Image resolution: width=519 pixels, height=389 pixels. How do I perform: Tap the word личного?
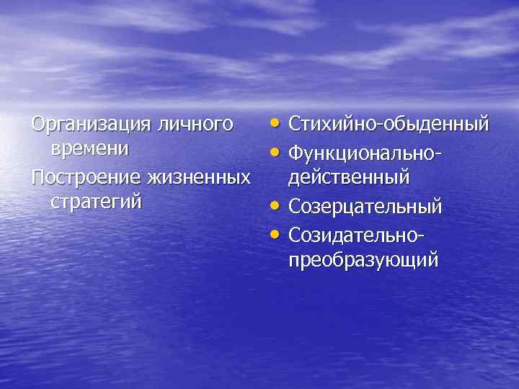pos(193,124)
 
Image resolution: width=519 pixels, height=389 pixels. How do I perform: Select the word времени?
pos(90,149)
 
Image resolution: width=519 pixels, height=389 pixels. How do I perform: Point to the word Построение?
pos(86,176)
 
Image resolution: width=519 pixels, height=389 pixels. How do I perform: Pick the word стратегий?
pos(96,201)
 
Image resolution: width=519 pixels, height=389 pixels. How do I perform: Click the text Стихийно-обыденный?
pos(389,124)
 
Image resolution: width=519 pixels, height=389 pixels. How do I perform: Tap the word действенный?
pos(349,176)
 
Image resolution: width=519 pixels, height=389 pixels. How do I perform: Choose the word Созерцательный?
pos(365,207)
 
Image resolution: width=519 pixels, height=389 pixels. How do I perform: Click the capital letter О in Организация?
pos(38,124)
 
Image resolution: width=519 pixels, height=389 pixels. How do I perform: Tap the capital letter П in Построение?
pos(38,176)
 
